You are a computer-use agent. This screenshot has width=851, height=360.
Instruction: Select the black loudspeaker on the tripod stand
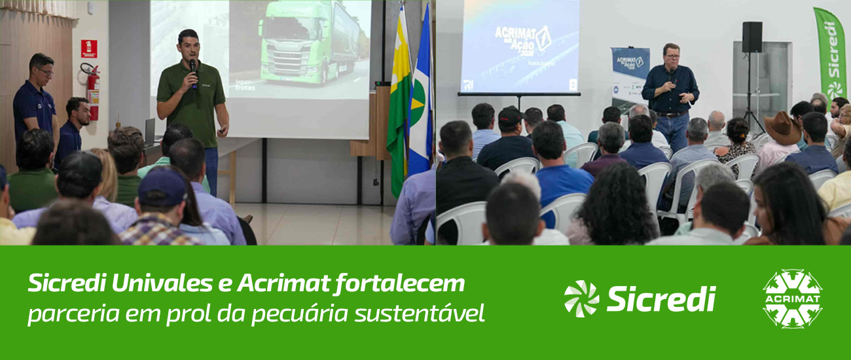751,37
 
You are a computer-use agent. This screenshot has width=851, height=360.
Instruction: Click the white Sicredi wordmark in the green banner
661,298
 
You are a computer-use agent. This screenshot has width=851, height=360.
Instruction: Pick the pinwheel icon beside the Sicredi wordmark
581,298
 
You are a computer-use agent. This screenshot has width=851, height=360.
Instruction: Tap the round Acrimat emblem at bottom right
792,298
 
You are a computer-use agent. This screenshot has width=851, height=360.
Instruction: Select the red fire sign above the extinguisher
88,48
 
